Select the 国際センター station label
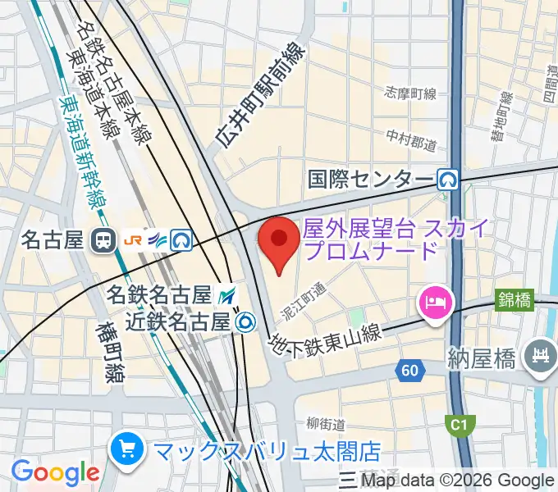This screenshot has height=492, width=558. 371,179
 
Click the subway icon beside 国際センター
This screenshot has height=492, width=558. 447,179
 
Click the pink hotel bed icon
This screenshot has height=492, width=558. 433,303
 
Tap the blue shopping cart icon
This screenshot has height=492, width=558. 128,449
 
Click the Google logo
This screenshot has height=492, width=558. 55,473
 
